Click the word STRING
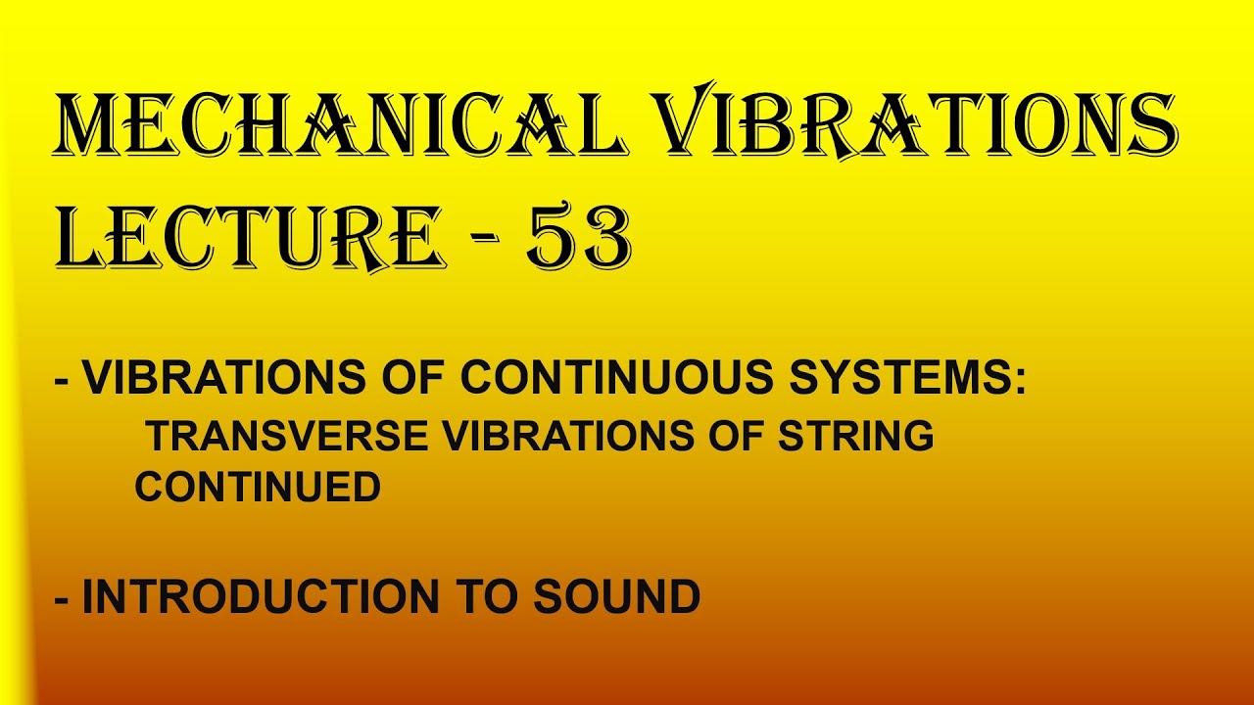point(856,436)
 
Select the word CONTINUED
point(258,487)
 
